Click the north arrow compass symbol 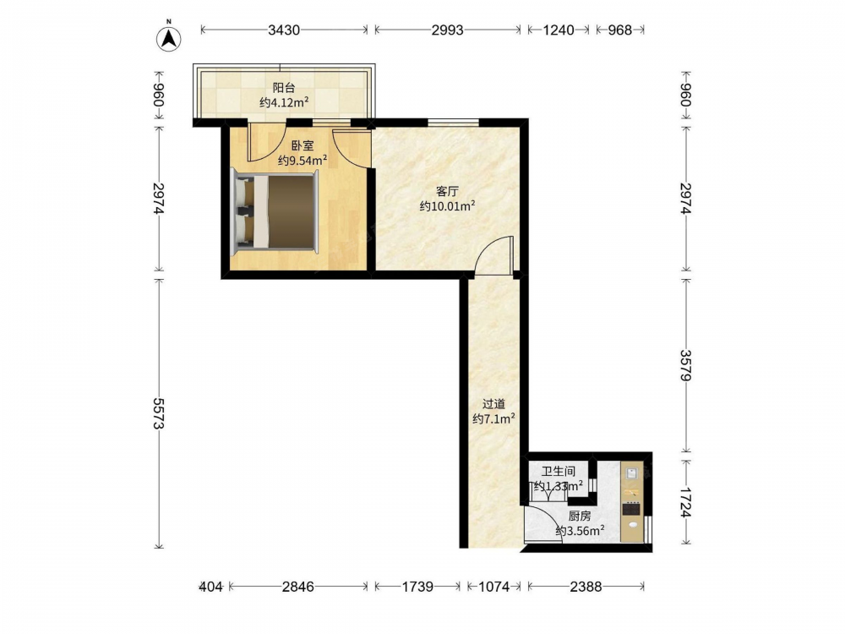pyautogui.click(x=169, y=38)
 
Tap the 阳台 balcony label pyautogui.click(x=283, y=88)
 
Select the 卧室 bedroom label pyautogui.click(x=303, y=145)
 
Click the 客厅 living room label pyautogui.click(x=447, y=191)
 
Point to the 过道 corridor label pyautogui.click(x=493, y=404)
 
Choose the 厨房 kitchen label pyautogui.click(x=580, y=516)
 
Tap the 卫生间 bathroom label pyautogui.click(x=559, y=471)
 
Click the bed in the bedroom pyautogui.click(x=275, y=212)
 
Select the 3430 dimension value pyautogui.click(x=284, y=30)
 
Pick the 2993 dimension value pyautogui.click(x=447, y=30)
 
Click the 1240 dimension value pyautogui.click(x=559, y=30)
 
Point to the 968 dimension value pyautogui.click(x=619, y=30)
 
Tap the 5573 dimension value pyautogui.click(x=159, y=413)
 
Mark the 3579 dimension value pyautogui.click(x=685, y=365)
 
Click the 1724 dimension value pyautogui.click(x=685, y=502)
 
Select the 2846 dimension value pyautogui.click(x=298, y=587)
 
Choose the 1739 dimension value pyautogui.click(x=417, y=587)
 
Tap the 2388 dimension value pyautogui.click(x=586, y=587)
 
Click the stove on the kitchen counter pyautogui.click(x=631, y=508)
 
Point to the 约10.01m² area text pyautogui.click(x=447, y=206)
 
